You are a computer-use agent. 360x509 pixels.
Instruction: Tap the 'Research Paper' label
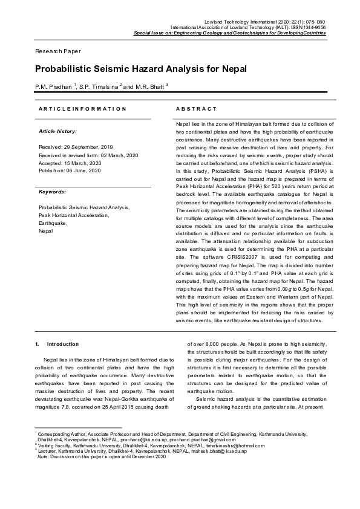click(57, 51)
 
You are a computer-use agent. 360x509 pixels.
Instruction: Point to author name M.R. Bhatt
click(148, 88)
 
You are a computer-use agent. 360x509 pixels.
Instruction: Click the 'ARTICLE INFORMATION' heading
click(82, 109)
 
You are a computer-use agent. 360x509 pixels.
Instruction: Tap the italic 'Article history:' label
click(57, 131)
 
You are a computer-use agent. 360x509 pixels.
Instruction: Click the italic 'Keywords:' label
click(52, 192)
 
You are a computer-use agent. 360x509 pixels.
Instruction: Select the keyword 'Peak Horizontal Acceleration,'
click(74, 215)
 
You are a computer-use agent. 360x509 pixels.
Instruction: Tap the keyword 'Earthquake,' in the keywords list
click(53, 223)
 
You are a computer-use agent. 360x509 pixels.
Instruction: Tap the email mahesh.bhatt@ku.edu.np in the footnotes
click(198, 451)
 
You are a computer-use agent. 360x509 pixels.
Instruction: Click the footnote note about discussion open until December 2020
click(102, 456)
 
